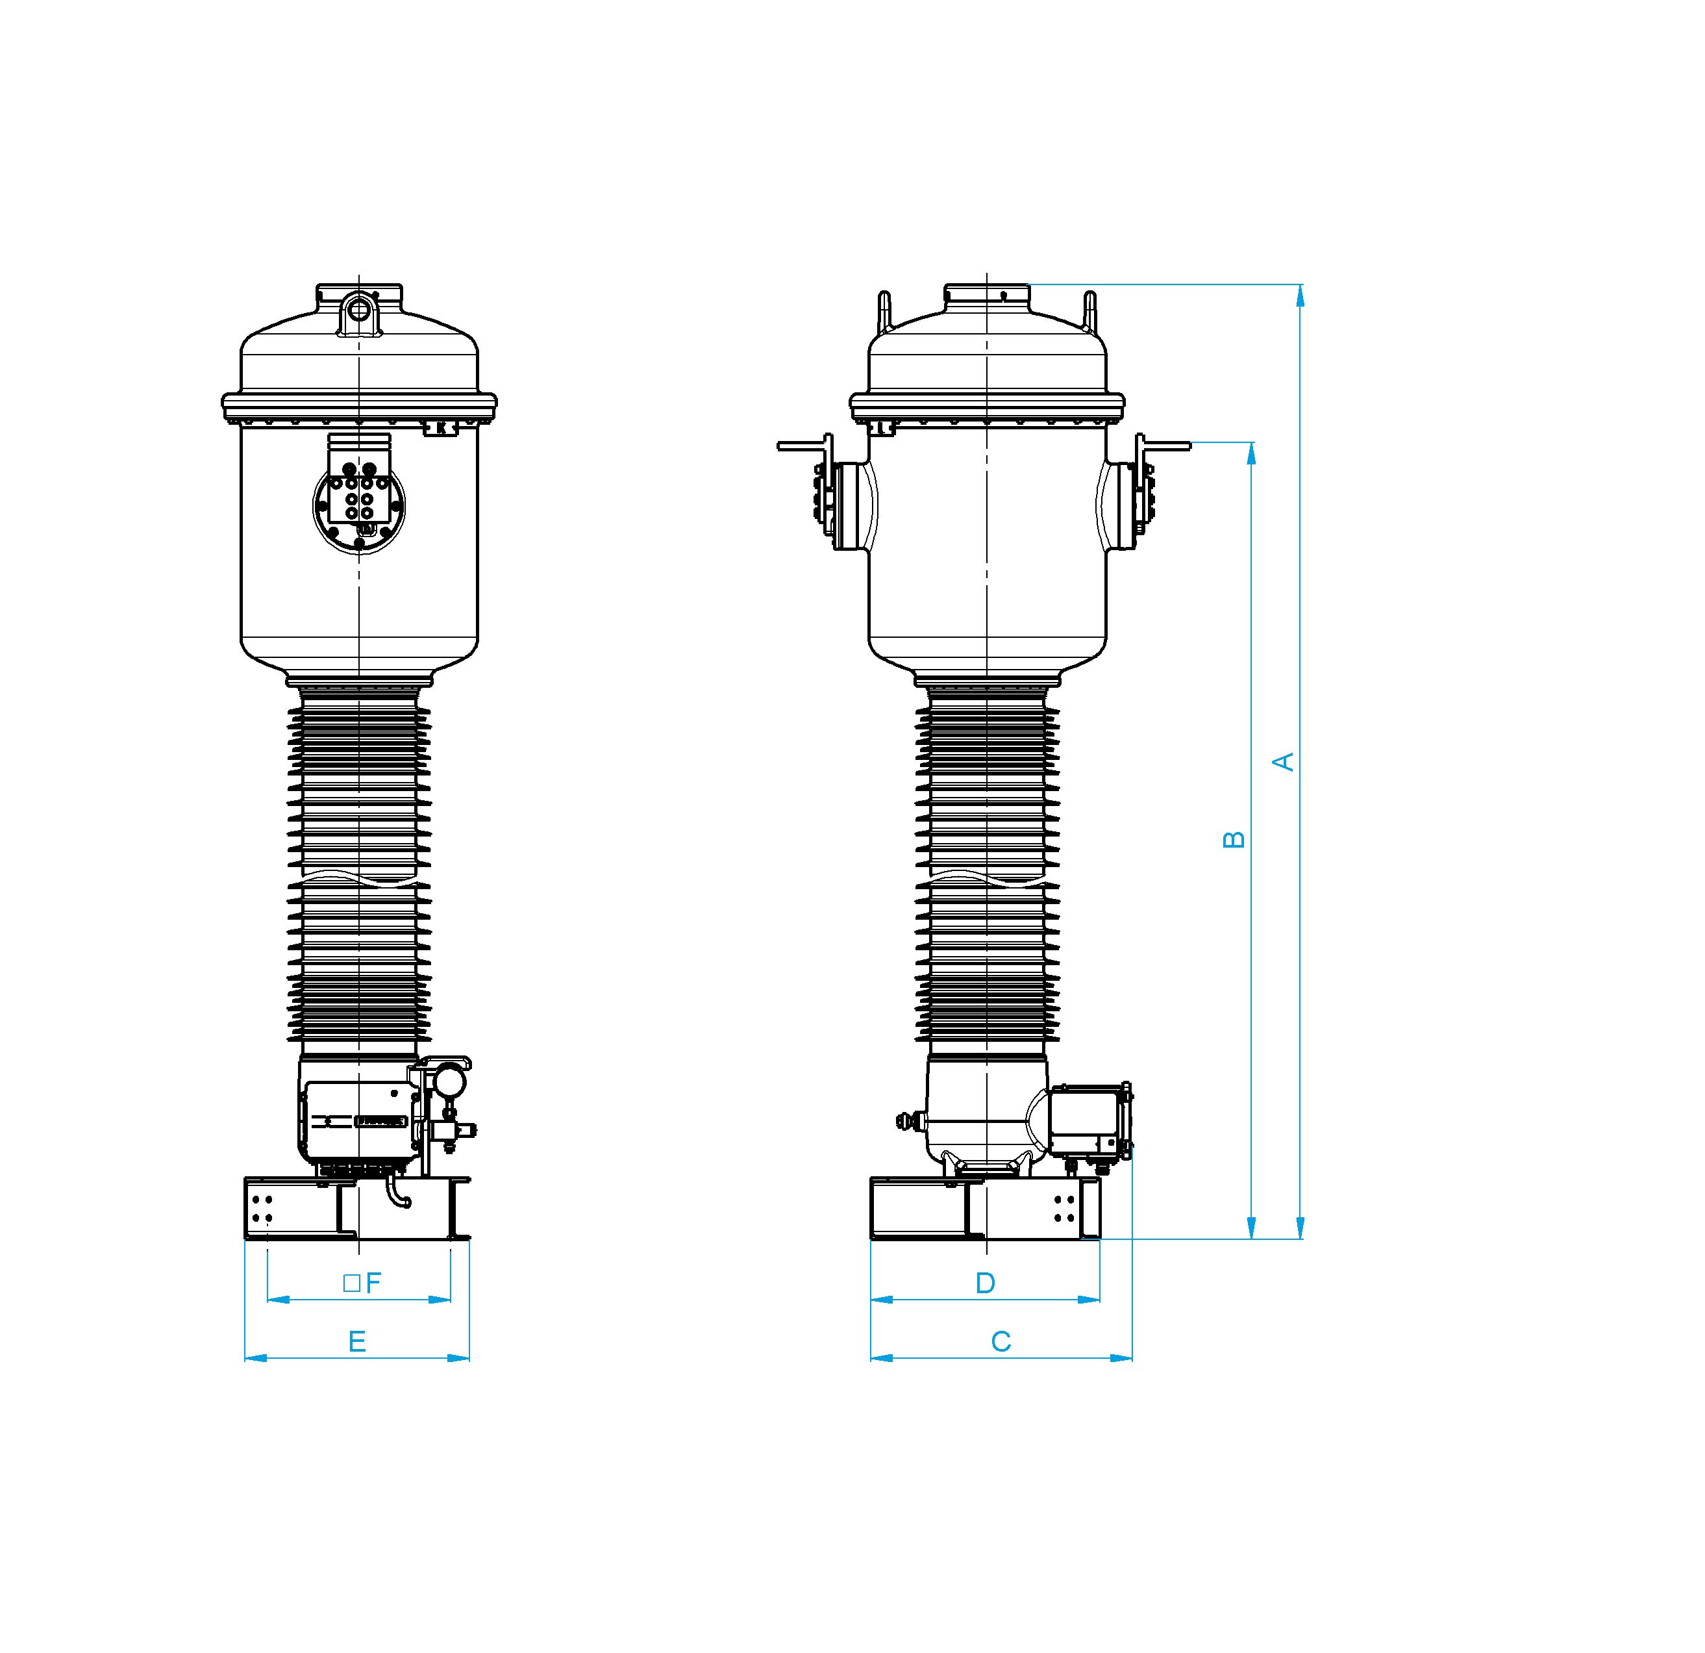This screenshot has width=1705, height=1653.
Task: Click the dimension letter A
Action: point(1284,762)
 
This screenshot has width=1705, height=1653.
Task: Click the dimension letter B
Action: point(1234,840)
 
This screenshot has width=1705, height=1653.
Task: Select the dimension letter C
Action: point(1001,1341)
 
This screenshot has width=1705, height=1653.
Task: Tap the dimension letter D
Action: point(985,1283)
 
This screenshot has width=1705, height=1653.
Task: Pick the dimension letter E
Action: point(356,1341)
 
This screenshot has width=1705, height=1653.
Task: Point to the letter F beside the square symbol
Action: point(373,1283)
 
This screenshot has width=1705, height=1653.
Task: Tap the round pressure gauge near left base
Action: point(450,1081)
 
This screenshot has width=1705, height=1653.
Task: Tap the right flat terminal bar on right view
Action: point(1165,446)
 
